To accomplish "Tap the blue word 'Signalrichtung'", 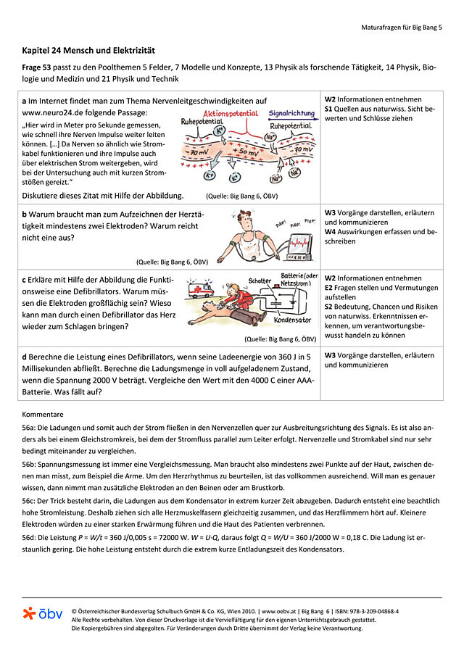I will coord(291,114).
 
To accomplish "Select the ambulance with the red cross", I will coord(200,290).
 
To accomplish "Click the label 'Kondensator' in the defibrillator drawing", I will coord(293,320).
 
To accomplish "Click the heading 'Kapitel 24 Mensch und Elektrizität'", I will coord(89,51).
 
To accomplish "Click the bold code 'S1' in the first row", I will coord(329,108).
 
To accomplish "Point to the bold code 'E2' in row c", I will coord(329,287).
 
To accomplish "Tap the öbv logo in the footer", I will coord(42,613).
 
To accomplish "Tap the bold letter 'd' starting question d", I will coord(25,355).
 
